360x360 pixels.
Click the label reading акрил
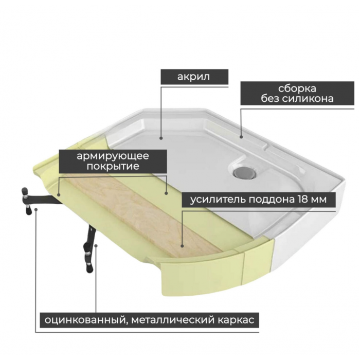[193, 77]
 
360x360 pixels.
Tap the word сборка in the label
[297, 88]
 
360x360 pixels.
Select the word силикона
[308, 99]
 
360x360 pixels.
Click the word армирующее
[113, 156]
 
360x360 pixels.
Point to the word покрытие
[113, 166]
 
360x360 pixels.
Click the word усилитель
[218, 200]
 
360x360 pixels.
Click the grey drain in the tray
[244, 172]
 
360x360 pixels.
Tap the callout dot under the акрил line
[161, 138]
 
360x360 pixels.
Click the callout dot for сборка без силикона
[241, 137]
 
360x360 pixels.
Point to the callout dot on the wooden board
[182, 246]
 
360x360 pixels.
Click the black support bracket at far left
[39, 198]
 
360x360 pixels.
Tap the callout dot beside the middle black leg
[96, 246]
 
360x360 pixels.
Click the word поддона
[272, 200]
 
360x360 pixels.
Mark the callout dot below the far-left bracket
[36, 209]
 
